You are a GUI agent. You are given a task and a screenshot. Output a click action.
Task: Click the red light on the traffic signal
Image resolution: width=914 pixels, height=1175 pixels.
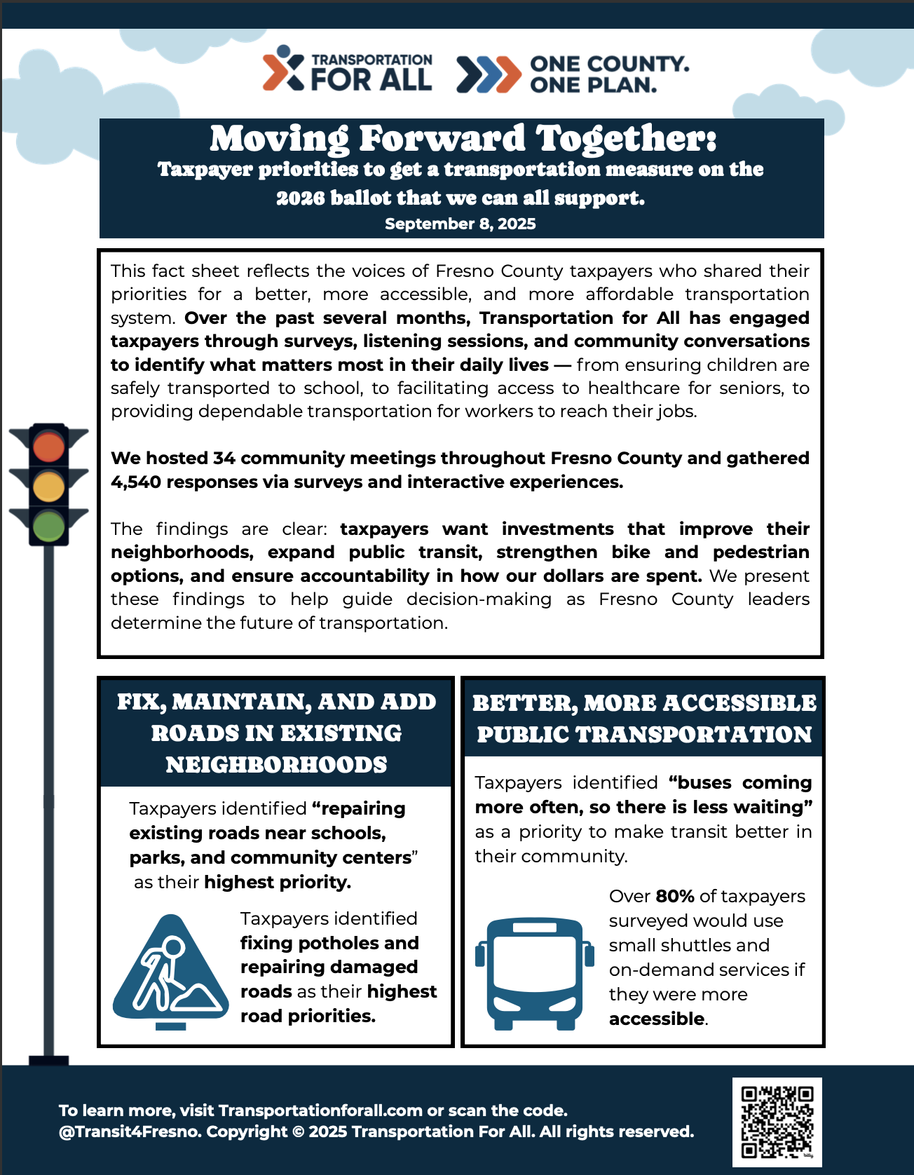48,447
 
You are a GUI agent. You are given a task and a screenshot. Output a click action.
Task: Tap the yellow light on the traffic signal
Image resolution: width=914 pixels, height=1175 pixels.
48,487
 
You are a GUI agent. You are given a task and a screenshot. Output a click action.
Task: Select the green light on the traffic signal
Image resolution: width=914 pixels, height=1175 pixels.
48,526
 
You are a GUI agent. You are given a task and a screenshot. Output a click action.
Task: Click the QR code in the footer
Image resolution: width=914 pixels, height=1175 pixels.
777,1122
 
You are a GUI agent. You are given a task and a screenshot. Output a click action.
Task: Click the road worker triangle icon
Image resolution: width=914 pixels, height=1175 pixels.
170,970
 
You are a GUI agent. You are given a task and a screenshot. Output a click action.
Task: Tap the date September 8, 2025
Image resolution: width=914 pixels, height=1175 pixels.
461,224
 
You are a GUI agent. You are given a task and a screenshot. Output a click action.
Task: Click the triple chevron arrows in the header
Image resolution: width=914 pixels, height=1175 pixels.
489,74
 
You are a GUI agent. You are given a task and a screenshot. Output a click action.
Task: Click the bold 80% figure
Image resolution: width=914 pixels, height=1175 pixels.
675,897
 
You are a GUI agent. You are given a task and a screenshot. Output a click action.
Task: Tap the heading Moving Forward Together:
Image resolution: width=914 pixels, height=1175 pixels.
463,139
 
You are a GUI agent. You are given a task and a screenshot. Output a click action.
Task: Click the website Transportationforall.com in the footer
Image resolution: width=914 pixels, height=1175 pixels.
320,1111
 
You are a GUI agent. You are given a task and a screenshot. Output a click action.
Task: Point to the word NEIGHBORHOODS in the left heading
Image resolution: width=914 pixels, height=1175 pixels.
276,765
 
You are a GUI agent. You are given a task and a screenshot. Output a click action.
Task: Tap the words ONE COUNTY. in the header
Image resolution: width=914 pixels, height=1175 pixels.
609,64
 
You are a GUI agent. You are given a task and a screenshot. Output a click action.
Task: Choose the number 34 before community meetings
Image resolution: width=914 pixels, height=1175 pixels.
224,459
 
